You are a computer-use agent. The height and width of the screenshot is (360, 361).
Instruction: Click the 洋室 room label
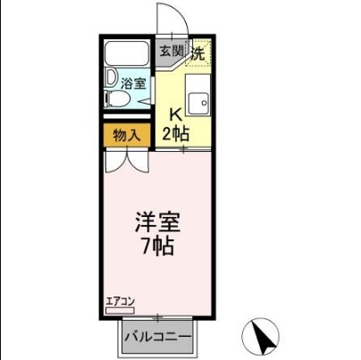(x=155, y=220)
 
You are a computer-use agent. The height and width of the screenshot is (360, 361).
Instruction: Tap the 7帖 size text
(x=155, y=244)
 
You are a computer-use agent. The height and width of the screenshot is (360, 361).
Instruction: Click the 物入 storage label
(x=127, y=137)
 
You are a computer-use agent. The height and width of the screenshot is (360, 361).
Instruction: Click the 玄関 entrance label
(x=172, y=50)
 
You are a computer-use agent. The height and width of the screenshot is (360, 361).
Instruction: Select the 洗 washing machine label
(x=199, y=52)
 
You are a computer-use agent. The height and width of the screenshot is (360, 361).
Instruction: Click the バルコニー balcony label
(x=157, y=339)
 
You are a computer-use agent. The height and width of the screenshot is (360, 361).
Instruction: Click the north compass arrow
(x=262, y=337)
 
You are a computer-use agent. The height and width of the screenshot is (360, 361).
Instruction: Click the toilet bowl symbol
(x=114, y=102)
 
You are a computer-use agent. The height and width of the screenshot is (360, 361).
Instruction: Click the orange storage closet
(x=127, y=137)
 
